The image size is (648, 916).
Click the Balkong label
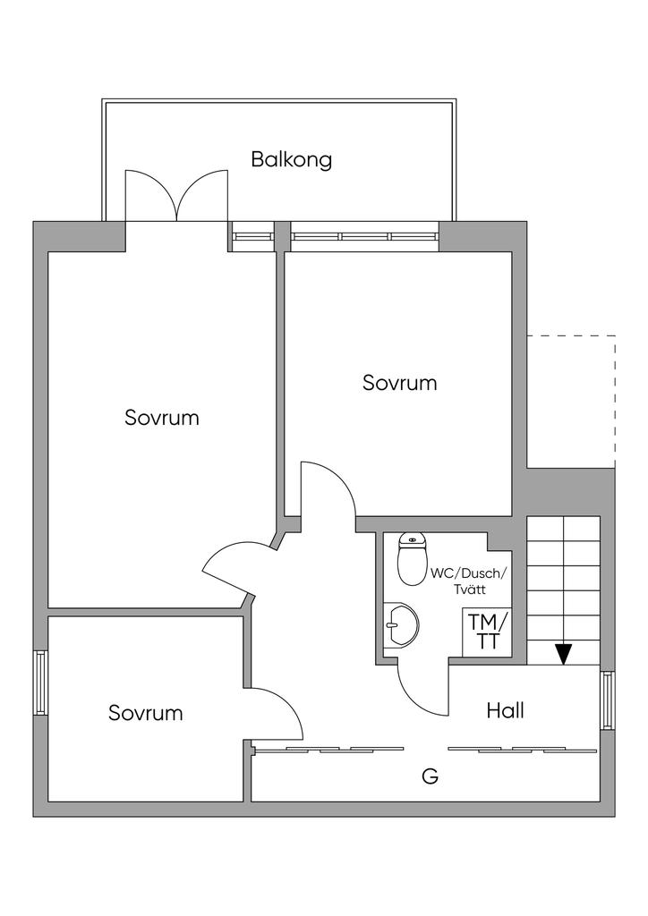tap(292, 159)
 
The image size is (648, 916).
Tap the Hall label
tap(506, 710)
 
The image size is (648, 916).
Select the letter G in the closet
tap(430, 776)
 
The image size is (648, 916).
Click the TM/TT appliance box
tap(487, 632)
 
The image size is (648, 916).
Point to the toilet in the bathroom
tap(413, 558)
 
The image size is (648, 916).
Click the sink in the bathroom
tap(402, 624)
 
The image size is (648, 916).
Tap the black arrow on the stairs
tap(563, 653)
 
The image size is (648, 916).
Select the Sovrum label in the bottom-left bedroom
tap(146, 713)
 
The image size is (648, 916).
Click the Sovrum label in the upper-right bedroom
tap(400, 383)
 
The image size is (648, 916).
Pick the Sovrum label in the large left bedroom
tap(162, 418)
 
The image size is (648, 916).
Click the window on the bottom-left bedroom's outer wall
tap(40, 683)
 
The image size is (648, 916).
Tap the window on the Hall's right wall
tap(608, 700)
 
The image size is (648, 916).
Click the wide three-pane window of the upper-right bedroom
tap(365, 236)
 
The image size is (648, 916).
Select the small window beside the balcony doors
tap(252, 236)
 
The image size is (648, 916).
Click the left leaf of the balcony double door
tap(150, 196)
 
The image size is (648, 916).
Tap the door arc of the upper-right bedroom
tap(328, 489)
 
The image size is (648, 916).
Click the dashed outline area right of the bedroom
tap(571, 402)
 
